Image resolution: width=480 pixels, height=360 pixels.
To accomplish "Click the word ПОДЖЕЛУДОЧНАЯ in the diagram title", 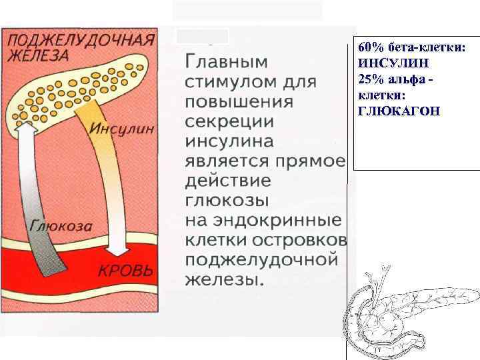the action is click(81, 39).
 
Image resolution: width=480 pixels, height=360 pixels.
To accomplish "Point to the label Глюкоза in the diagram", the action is click(61, 225).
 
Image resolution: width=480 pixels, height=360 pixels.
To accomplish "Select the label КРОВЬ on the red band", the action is click(125, 271).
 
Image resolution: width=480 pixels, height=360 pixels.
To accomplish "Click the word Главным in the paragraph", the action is click(225, 62).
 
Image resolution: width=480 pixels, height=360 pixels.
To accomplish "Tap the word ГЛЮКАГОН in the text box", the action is click(399, 110).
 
